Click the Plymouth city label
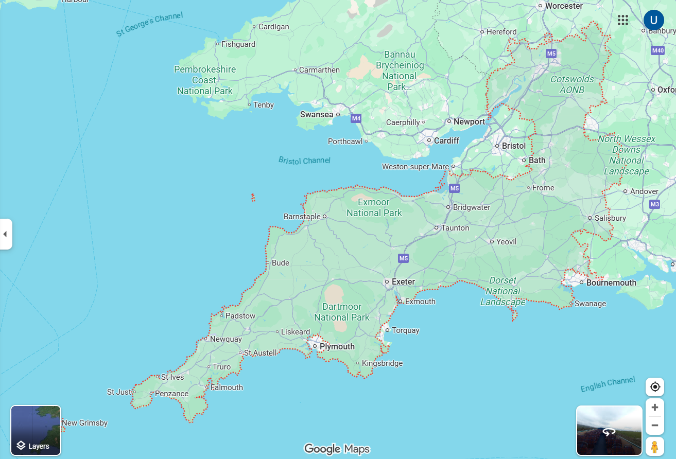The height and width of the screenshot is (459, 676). [x=337, y=347]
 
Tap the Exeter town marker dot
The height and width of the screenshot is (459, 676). [x=387, y=281]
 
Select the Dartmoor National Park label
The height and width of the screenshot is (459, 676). [x=342, y=312]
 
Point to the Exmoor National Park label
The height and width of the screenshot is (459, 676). [x=374, y=207]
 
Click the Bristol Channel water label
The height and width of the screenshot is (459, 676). [x=304, y=161]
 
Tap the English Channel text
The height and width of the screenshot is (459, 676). [x=608, y=384]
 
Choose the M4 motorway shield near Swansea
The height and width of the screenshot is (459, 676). [x=356, y=119]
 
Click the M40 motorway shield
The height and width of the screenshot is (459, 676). [x=657, y=50]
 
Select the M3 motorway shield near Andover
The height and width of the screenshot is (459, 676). [x=654, y=204]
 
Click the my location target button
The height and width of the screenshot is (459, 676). [x=655, y=387]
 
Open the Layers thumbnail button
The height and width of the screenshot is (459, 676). [x=36, y=430]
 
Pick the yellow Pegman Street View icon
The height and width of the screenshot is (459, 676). [x=655, y=447]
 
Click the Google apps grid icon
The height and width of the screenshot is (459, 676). [x=623, y=20]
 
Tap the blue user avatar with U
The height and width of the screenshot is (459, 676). [x=653, y=20]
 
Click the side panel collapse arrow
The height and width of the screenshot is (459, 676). [x=5, y=234]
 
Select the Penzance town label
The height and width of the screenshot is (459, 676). [x=171, y=394]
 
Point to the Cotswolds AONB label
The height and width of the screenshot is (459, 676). [x=572, y=84]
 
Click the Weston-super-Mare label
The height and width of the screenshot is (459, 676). [x=415, y=167]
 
